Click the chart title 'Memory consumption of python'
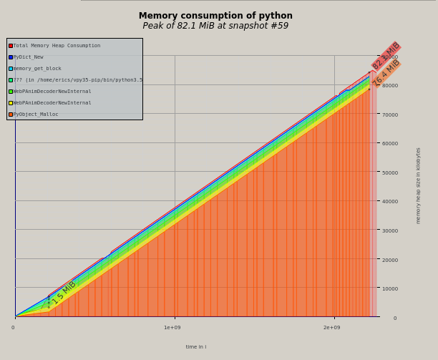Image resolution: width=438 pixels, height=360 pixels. pyautogui.click(x=215, y=16)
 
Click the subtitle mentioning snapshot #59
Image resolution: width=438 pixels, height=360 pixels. pyautogui.click(x=215, y=26)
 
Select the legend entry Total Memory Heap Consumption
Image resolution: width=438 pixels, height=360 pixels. pyautogui.click(x=57, y=46)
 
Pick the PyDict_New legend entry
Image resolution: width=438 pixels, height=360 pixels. pyautogui.click(x=28, y=57)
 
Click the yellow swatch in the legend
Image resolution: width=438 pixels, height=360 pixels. pyautogui.click(x=11, y=103)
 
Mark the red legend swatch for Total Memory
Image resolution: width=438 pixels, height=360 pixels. pyautogui.click(x=11, y=46)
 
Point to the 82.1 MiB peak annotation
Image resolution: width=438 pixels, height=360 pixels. pyautogui.click(x=386, y=56)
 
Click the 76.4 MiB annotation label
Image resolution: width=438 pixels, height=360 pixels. pyautogui.click(x=386, y=73)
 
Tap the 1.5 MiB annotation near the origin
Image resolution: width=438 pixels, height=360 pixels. pyautogui.click(x=63, y=293)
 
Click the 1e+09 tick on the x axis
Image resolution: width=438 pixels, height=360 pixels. pyautogui.click(x=172, y=328)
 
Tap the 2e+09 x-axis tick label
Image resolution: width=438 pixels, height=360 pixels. pyautogui.click(x=331, y=328)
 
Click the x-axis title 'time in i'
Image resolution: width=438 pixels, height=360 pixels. pyautogui.click(x=196, y=347)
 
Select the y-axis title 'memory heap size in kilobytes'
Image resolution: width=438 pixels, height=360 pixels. pyautogui.click(x=419, y=185)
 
